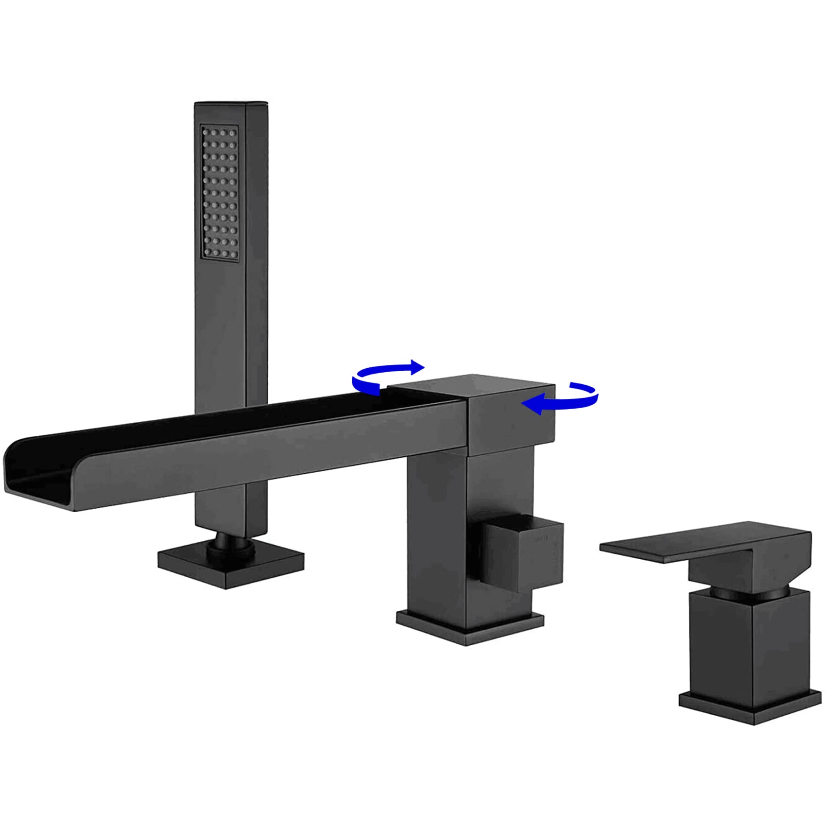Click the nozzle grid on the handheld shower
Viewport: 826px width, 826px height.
point(220,192)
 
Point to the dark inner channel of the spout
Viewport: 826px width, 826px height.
point(243,420)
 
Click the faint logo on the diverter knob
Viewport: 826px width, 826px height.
point(541,538)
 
